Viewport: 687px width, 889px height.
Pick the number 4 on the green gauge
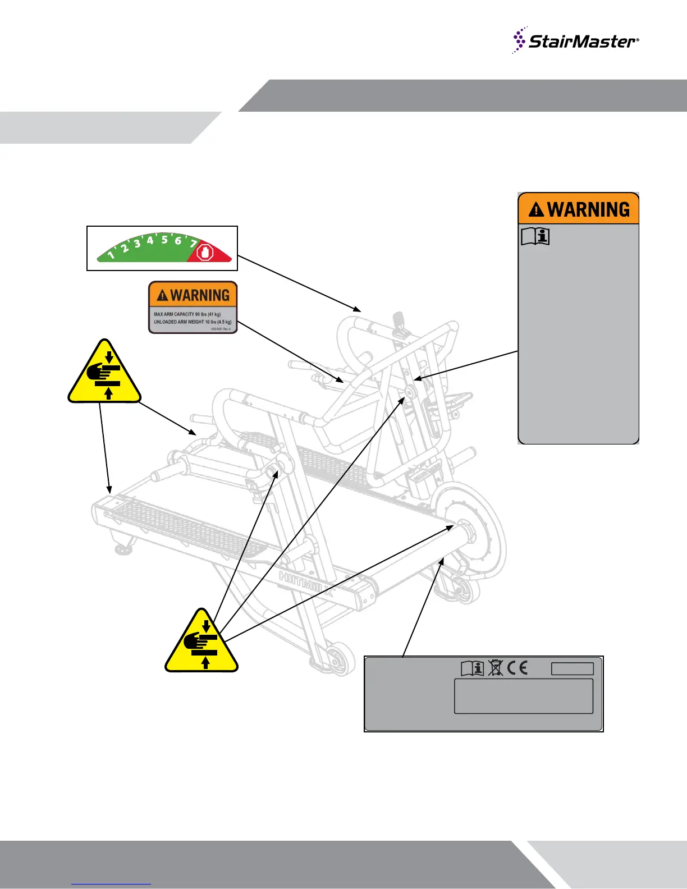(150, 240)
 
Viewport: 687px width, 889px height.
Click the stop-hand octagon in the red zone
(207, 254)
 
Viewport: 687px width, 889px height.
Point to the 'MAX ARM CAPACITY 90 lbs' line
(187, 314)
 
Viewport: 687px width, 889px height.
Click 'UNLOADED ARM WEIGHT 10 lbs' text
(193, 322)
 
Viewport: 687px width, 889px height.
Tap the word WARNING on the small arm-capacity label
(200, 295)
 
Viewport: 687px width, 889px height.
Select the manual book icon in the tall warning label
(535, 237)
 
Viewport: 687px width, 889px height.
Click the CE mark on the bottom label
(517, 668)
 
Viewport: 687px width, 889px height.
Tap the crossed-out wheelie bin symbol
(495, 668)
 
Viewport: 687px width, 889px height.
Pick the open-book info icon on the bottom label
(472, 668)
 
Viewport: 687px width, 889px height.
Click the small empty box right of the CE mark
(572, 668)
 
